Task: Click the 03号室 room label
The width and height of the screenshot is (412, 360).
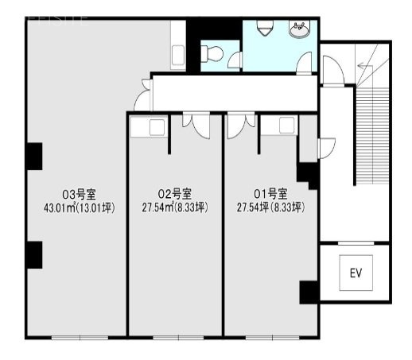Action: (78, 193)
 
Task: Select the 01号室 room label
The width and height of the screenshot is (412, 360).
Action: (270, 193)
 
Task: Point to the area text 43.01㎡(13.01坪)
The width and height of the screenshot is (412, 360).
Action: (78, 207)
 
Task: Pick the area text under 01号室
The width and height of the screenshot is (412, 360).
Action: (270, 207)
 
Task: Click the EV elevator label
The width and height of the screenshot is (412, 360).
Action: (356, 273)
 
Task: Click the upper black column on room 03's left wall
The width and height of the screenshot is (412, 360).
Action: (33, 156)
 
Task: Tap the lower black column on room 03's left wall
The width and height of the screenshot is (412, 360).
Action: (33, 254)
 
